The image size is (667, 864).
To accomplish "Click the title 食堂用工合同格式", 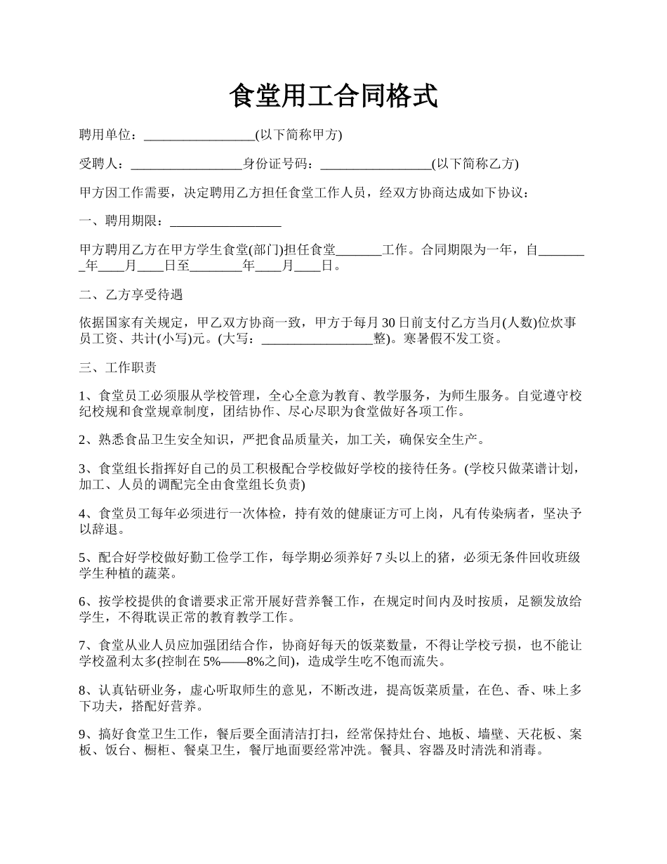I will (333, 96).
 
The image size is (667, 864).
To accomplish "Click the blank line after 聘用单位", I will (199, 135).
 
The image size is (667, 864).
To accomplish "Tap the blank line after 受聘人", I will (186, 164).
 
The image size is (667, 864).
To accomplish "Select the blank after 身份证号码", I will (376, 164).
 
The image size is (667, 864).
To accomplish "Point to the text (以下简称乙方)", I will (475, 164).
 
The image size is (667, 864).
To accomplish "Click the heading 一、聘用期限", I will (124, 222).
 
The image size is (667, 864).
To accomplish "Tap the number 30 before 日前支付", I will (388, 323).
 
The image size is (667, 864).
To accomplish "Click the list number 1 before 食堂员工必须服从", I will (84, 396).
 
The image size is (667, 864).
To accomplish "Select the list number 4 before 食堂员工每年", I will (84, 513).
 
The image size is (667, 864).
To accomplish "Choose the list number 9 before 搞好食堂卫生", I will (84, 734).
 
